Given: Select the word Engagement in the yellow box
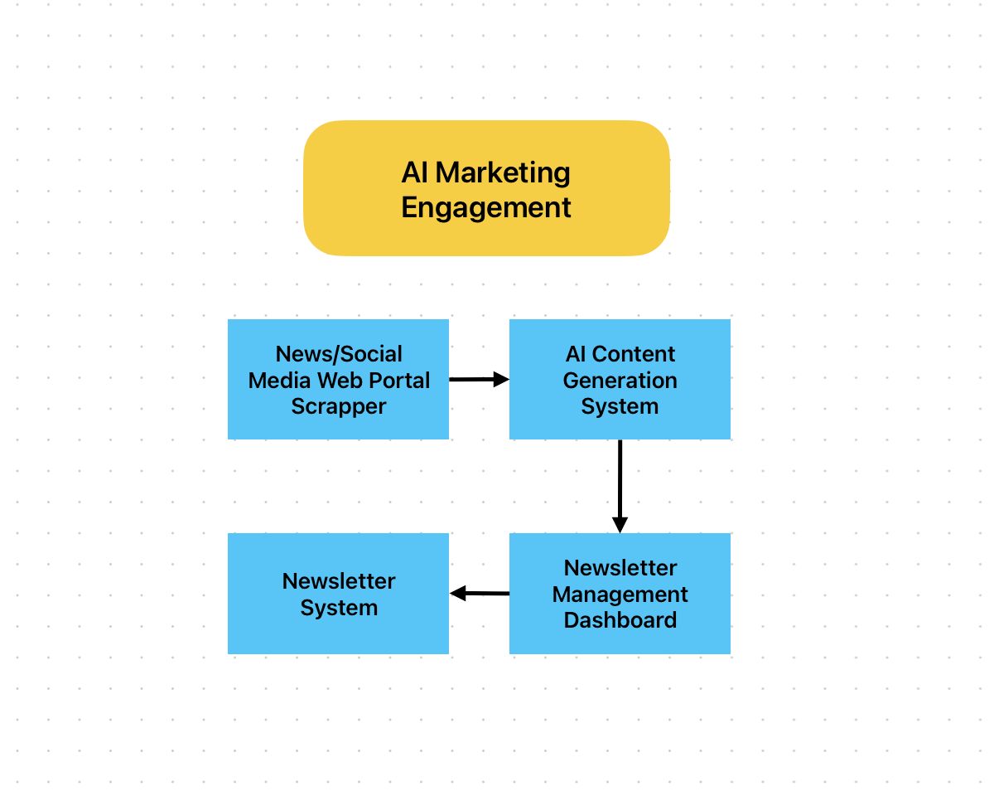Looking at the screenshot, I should (486, 207).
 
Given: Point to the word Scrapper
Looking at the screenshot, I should (338, 406).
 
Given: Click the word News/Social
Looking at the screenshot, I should (338, 354).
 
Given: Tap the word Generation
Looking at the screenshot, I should (620, 381).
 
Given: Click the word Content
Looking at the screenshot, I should (633, 354).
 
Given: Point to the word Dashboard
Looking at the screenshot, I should (620, 620).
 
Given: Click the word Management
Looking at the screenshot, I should (620, 595).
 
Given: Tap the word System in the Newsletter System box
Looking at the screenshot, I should (338, 608).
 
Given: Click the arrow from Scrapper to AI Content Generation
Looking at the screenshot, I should (478, 380).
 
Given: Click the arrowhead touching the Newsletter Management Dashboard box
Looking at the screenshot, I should (620, 524).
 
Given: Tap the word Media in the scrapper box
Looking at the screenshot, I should (280, 381).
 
